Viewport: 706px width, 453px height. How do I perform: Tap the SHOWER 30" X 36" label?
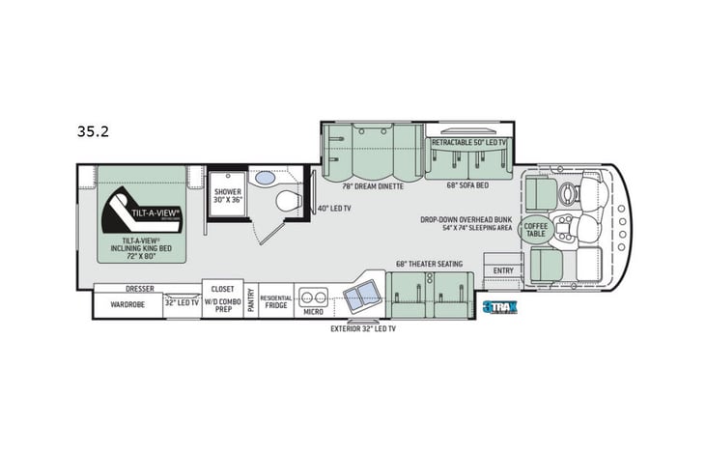(x=228, y=197)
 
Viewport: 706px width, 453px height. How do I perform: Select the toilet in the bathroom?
(x=286, y=202)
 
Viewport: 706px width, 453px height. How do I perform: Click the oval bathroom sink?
(x=264, y=180)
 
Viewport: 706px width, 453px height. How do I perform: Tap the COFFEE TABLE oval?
(x=534, y=229)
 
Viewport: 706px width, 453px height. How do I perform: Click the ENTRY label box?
(x=503, y=269)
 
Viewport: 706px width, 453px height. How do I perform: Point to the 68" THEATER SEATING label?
(x=429, y=264)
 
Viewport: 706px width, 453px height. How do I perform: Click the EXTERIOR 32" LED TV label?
(x=363, y=328)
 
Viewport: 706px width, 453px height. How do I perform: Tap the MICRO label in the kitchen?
(x=312, y=311)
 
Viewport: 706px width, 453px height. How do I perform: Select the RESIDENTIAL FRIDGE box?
(x=276, y=300)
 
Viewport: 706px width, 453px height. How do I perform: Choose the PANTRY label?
(x=250, y=300)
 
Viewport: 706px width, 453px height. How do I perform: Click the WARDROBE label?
(x=127, y=302)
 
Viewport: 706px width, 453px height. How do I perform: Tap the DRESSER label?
(x=140, y=288)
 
